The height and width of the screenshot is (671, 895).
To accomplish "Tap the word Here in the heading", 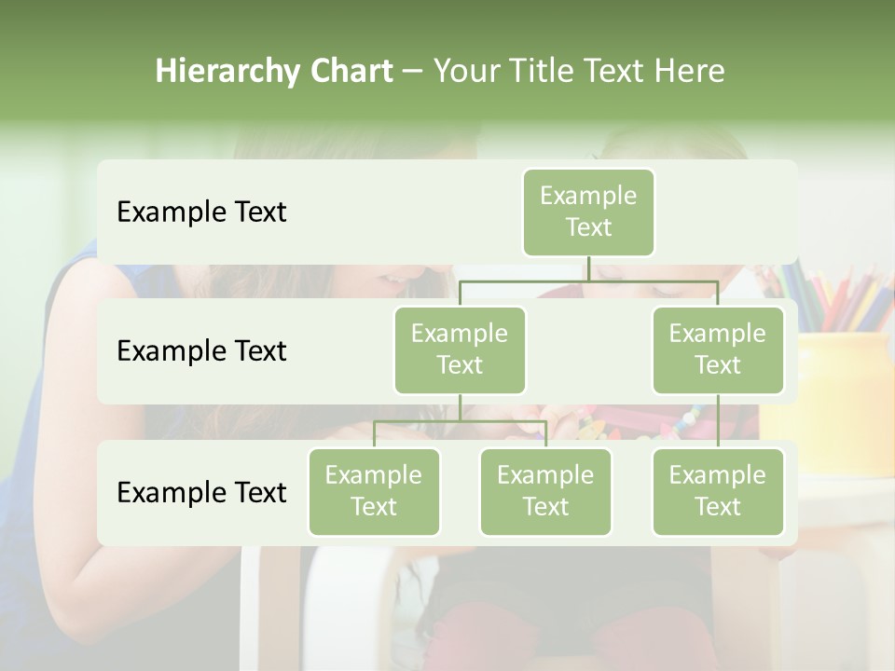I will point(690,72).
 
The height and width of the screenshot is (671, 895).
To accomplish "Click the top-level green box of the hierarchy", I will point(588,212).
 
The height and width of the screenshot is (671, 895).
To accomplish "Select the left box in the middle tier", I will point(460,349).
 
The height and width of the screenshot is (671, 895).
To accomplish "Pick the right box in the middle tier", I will point(718,349).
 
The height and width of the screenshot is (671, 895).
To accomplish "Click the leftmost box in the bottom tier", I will point(374,491).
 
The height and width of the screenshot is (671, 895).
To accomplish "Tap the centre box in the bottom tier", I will point(545,491).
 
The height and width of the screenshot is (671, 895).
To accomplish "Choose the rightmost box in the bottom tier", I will point(718,491).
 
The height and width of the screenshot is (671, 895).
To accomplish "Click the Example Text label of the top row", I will point(201,212).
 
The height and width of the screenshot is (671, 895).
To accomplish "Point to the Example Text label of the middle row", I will point(201,351).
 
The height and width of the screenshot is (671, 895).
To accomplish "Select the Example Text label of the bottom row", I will point(201,492).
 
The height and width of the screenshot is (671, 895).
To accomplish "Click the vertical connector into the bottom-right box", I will point(718,421).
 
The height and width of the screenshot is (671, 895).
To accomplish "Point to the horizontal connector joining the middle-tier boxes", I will point(588,281).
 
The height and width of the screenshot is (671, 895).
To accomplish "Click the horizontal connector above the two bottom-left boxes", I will point(460,421).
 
